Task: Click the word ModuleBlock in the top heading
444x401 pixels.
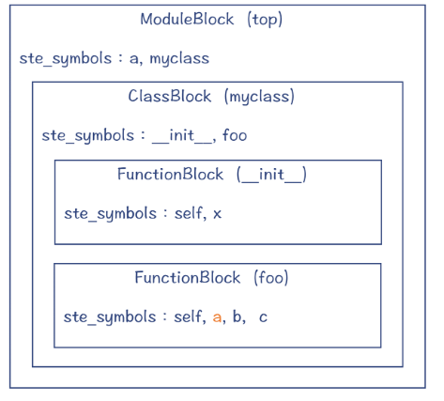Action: [x=187, y=19]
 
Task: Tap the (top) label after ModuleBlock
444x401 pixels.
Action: [x=265, y=19]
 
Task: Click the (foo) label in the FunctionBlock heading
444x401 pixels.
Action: [x=270, y=277]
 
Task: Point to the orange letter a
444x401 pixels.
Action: [x=217, y=316]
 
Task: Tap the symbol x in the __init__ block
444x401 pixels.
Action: [x=217, y=213]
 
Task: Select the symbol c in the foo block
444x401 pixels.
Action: [x=263, y=316]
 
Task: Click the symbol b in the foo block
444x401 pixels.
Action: [x=238, y=316]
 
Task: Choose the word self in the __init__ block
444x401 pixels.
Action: [x=189, y=213]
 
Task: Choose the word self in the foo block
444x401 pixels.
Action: [x=189, y=316]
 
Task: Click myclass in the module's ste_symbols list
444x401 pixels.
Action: [x=179, y=58]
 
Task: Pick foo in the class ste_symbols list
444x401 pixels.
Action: [x=235, y=135]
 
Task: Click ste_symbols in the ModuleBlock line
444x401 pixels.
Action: [x=65, y=58]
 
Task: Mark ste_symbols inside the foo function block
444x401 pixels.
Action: [x=110, y=316]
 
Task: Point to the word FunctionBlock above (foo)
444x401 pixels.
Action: [x=188, y=277]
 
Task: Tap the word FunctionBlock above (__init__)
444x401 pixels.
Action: [x=170, y=174]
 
